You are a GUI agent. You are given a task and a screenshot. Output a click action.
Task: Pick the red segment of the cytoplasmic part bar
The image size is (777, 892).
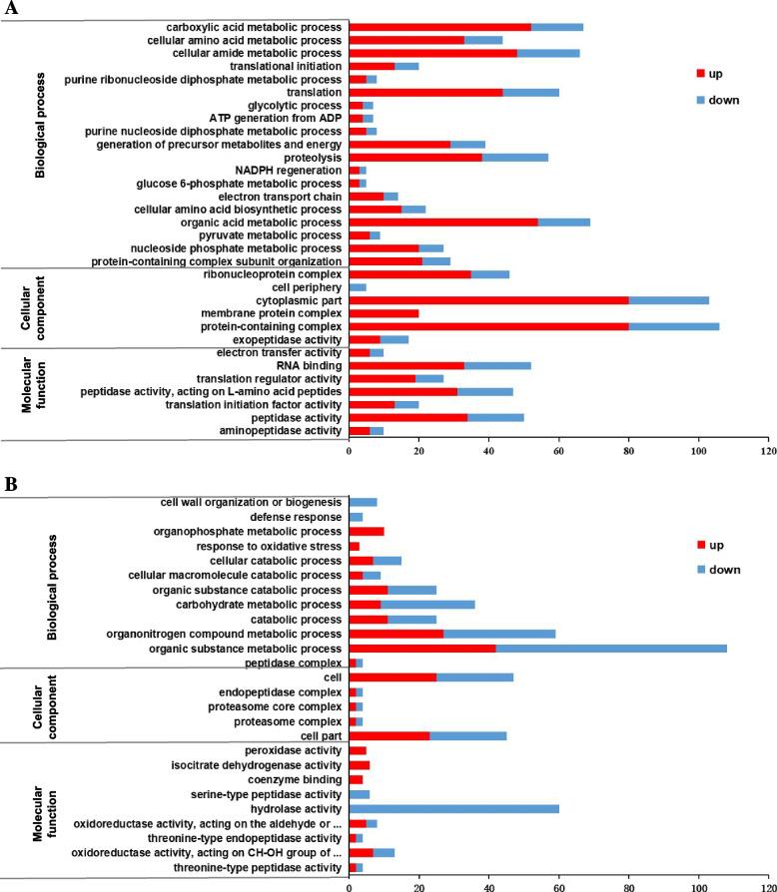(x=488, y=299)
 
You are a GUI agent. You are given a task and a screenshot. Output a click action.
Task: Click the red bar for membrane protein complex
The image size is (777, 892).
(x=384, y=313)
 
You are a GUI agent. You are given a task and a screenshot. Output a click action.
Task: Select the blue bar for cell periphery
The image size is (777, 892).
(x=358, y=286)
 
